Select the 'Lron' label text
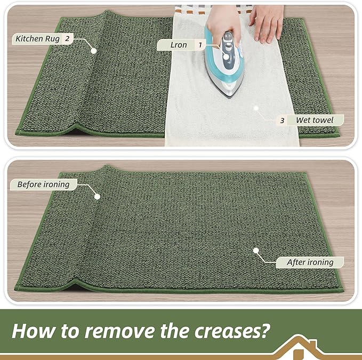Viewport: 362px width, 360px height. [x=179, y=45]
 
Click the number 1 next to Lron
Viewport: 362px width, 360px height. [x=200, y=45]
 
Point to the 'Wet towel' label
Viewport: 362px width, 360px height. [x=315, y=120]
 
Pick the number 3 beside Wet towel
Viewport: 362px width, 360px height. [x=282, y=120]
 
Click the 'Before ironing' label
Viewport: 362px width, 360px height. [x=43, y=185]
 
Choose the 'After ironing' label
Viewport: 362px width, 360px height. [x=310, y=262]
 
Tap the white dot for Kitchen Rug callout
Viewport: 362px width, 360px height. [x=94, y=51]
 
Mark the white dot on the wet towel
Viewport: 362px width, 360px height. [x=256, y=107]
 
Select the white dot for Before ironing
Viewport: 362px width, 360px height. [x=98, y=196]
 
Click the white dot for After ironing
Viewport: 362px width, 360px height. [x=256, y=250]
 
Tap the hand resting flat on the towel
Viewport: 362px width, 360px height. [x=266, y=24]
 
